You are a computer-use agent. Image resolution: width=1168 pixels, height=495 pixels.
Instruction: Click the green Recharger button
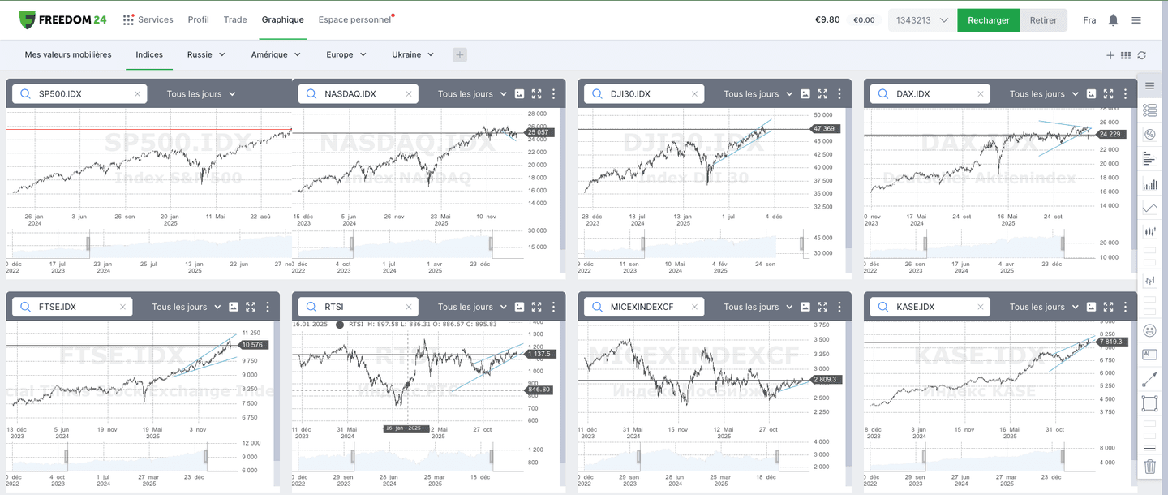988,20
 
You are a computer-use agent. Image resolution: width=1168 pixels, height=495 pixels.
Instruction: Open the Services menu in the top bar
148,19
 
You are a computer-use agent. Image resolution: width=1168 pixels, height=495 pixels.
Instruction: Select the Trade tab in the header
235,19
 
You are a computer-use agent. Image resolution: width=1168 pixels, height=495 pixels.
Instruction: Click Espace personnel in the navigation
354,19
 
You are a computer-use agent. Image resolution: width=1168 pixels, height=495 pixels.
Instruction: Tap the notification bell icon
1113,20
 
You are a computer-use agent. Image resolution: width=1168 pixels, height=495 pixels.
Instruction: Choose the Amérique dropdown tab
276,54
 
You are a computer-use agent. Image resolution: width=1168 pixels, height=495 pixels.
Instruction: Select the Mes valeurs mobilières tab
68,54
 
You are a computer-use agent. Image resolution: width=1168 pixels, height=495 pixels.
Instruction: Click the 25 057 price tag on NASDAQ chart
538,132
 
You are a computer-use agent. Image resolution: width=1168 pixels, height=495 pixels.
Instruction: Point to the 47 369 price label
823,129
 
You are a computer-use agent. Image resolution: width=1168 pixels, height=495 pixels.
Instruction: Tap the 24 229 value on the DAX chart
1110,134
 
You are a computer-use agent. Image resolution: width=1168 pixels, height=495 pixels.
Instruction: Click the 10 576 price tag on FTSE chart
252,345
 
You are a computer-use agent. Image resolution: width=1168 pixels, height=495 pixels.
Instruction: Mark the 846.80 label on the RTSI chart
539,390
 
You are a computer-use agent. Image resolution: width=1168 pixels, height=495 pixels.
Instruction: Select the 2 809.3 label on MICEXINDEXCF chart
824,379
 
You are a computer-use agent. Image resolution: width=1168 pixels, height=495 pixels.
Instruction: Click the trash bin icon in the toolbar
1149,467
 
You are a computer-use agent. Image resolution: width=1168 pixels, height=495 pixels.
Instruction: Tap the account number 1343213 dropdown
921,20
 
